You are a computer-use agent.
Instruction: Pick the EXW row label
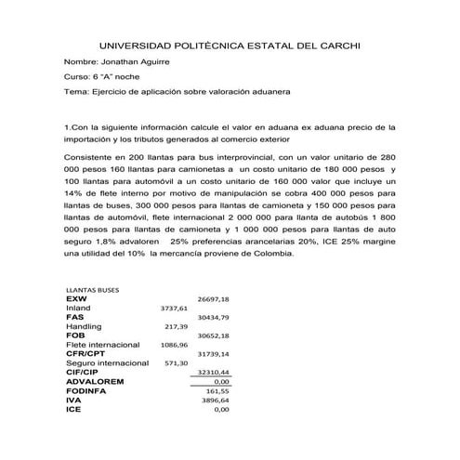76,298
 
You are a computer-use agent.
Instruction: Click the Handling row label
84,326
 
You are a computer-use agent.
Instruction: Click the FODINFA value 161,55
217,390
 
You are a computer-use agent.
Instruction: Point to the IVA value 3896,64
216,400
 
